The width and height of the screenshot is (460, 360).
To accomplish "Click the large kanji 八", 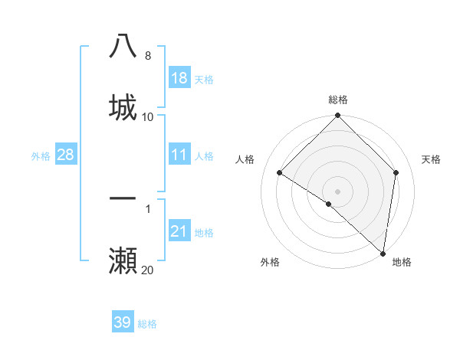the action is click(x=123, y=46).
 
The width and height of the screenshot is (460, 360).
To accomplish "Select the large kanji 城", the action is click(x=123, y=107).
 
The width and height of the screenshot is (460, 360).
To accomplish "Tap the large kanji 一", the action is click(x=123, y=198).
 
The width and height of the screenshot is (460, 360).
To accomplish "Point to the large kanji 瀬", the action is click(x=123, y=260).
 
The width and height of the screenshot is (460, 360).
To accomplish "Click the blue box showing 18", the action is click(x=179, y=78).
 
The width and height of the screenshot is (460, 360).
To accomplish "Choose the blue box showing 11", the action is click(x=179, y=155).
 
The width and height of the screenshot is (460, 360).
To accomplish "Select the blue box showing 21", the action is click(x=179, y=231).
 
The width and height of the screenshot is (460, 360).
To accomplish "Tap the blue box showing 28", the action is click(x=65, y=155).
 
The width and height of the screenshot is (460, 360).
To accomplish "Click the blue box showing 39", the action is click(x=122, y=322).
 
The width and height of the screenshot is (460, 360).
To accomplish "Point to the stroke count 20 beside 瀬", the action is click(x=147, y=270).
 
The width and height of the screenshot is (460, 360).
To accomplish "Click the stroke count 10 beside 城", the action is click(x=147, y=116).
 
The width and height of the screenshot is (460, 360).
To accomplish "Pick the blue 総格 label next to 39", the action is click(x=147, y=324).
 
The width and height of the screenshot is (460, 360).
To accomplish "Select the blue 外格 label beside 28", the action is click(x=41, y=156).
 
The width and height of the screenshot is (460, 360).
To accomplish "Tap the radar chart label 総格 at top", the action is click(x=338, y=100).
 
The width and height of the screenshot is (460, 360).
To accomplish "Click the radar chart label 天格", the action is click(x=431, y=159).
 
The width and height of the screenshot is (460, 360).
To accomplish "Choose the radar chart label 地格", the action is click(x=402, y=262).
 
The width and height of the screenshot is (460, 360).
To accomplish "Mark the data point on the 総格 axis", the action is click(x=338, y=116).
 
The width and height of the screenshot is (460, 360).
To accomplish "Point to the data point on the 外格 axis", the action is click(x=329, y=204).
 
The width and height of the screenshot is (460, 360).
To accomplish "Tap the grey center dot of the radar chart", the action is click(x=338, y=191).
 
